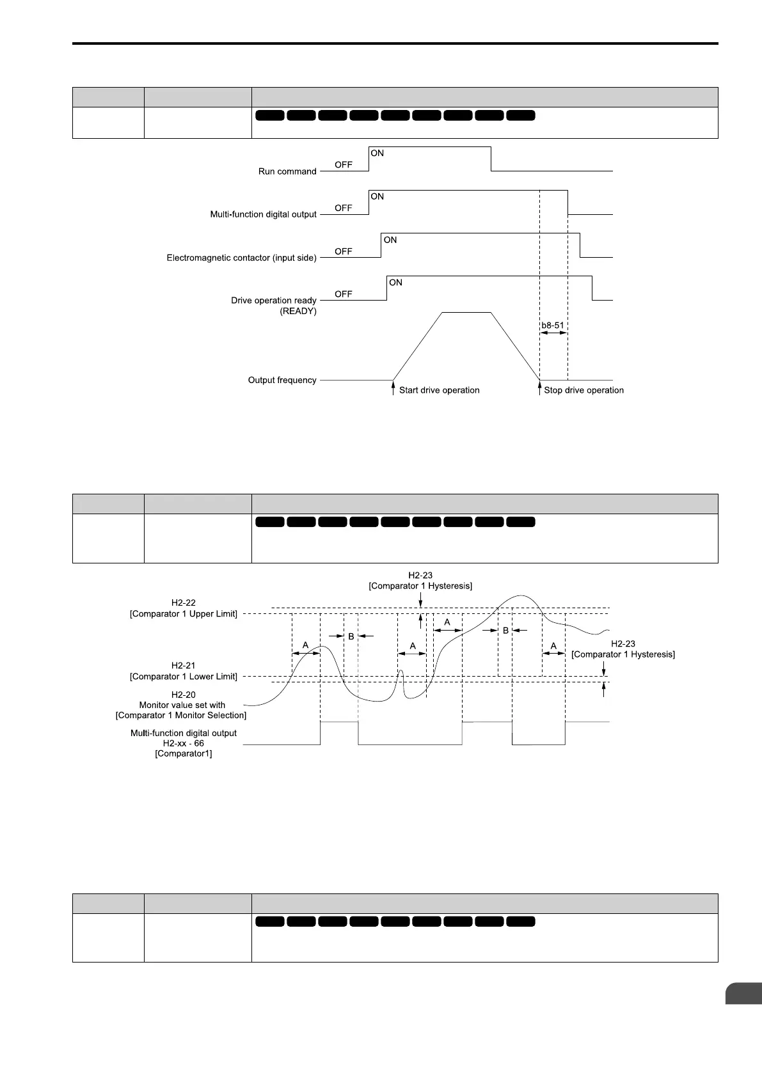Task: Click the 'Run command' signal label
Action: tap(287, 171)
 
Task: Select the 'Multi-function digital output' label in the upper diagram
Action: tap(263, 214)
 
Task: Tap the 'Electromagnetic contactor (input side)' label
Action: tap(241, 258)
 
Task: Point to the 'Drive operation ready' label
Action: tap(273, 301)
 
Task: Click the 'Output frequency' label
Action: tap(282, 380)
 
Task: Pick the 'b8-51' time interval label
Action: tap(553, 325)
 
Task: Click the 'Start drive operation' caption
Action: tap(439, 390)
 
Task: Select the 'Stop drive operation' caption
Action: tap(583, 390)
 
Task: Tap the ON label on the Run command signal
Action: tap(377, 153)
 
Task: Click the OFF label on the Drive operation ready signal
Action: tap(344, 294)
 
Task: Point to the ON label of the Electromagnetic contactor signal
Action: tap(390, 240)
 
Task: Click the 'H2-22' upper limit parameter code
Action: tap(184, 602)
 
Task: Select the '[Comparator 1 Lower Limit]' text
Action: tap(184, 677)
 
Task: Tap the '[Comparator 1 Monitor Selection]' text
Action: tap(181, 715)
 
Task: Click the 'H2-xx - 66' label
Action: tap(184, 743)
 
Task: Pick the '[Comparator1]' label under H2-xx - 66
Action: tap(184, 753)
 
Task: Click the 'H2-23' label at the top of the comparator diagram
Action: tap(420, 576)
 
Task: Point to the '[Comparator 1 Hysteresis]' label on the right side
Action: tap(623, 654)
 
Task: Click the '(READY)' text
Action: tap(298, 311)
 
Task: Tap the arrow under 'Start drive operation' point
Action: tap(393, 388)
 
